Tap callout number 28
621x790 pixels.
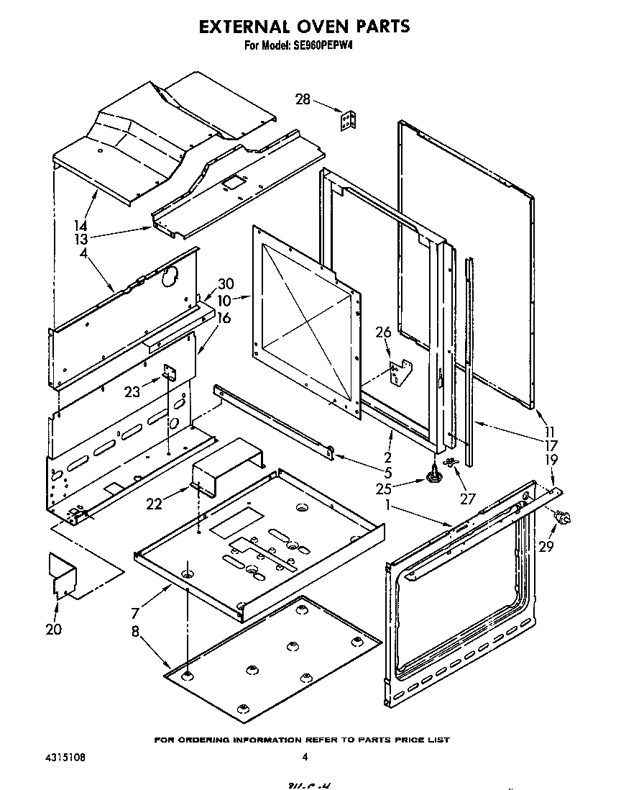tap(303, 99)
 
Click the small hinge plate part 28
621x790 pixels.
tap(349, 121)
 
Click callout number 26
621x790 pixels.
tap(383, 332)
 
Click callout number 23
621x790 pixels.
tap(132, 392)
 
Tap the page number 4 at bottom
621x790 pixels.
tap(305, 757)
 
